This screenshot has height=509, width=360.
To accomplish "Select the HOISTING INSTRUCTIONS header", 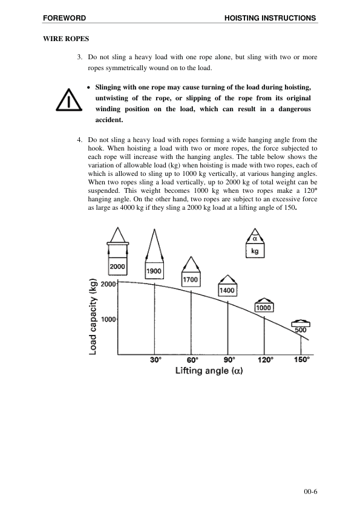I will click(270, 18).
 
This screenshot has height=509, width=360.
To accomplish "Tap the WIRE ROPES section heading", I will click(66, 39).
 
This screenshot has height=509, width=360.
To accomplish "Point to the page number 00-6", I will click(310, 491).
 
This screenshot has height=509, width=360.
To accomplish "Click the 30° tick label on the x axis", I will click(155, 360).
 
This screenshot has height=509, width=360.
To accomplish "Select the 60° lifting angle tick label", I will click(192, 360).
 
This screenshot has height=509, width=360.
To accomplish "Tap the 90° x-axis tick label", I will click(229, 360).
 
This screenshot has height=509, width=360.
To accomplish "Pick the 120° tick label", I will click(265, 360).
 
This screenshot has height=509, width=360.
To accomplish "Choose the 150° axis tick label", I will click(301, 360).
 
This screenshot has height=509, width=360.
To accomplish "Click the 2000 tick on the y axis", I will click(108, 283).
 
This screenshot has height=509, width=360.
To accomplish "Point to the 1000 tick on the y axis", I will click(108, 319).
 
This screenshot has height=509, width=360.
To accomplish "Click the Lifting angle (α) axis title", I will click(209, 371).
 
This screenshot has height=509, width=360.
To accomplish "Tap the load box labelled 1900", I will click(154, 271).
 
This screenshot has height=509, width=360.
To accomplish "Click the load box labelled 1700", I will click(191, 280).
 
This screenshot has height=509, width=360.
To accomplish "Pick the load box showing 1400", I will click(227, 290).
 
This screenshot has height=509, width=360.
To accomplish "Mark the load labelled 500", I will click(301, 329).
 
